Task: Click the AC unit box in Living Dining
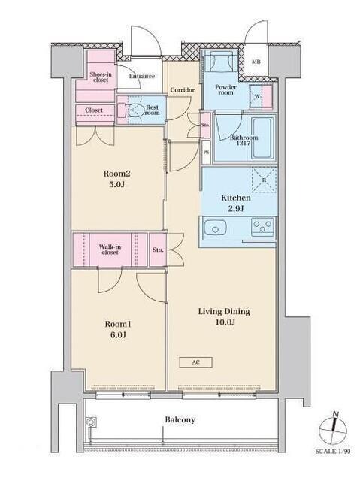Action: [195, 362]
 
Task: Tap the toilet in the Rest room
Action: [132, 110]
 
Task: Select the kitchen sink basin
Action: [215, 228]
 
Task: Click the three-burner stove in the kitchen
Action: [262, 227]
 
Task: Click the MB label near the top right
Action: [256, 62]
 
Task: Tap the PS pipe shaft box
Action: [206, 152]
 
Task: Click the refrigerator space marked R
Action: [264, 180]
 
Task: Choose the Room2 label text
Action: [116, 174]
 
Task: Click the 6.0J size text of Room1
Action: [118, 335]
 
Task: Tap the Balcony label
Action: [180, 419]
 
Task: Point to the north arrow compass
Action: [333, 430]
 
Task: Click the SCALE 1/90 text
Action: [333, 451]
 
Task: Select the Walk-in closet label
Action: [110, 250]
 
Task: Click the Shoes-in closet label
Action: [101, 77]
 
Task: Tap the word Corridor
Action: [183, 90]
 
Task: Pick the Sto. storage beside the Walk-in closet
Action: [158, 250]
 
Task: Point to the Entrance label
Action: [141, 76]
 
